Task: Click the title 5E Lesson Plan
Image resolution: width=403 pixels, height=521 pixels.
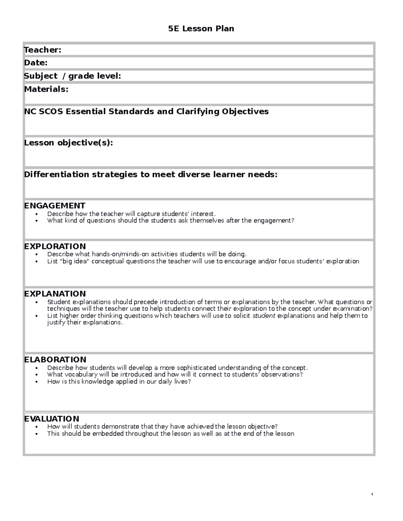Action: click(201, 29)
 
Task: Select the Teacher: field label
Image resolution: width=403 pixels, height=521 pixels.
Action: click(43, 50)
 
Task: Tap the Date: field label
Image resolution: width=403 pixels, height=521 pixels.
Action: click(36, 63)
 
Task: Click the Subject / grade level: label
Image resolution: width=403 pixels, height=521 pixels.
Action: click(72, 76)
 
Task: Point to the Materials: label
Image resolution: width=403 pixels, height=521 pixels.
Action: click(46, 89)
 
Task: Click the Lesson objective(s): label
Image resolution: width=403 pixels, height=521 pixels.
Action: click(69, 143)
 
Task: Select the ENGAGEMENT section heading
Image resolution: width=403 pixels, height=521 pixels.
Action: click(55, 206)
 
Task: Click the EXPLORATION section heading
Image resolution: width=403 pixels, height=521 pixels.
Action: click(55, 246)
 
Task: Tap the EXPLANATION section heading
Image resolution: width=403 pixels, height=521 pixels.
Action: click(55, 294)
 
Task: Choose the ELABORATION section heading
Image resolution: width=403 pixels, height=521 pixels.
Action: click(55, 360)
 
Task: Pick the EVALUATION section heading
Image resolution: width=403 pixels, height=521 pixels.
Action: click(52, 419)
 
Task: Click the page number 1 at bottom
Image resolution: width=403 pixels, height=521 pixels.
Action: click(372, 494)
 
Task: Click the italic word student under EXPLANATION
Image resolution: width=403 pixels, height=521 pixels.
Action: click(264, 316)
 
